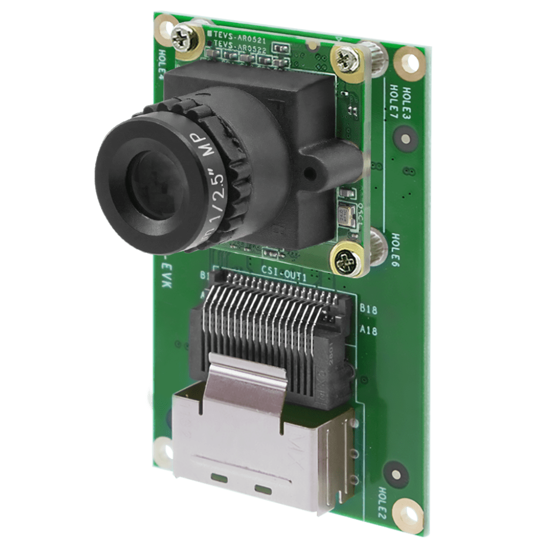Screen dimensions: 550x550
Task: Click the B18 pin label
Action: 369,310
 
